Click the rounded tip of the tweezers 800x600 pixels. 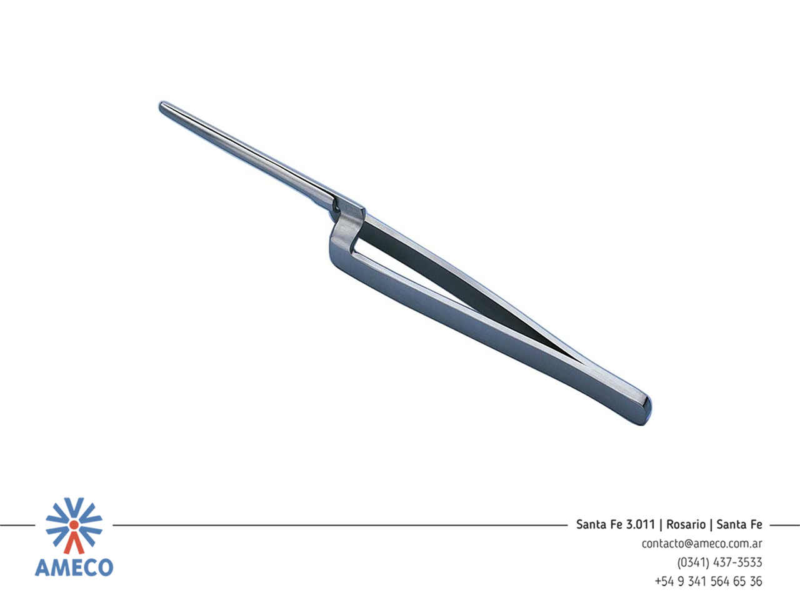coord(162,107)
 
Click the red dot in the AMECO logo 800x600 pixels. coord(74,524)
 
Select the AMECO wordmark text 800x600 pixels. coord(74,567)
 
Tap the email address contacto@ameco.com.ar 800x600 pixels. coord(702,544)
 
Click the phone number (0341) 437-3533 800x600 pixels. coord(719,562)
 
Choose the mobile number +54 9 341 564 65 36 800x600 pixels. coord(708,581)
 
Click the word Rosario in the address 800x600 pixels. coord(686,524)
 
